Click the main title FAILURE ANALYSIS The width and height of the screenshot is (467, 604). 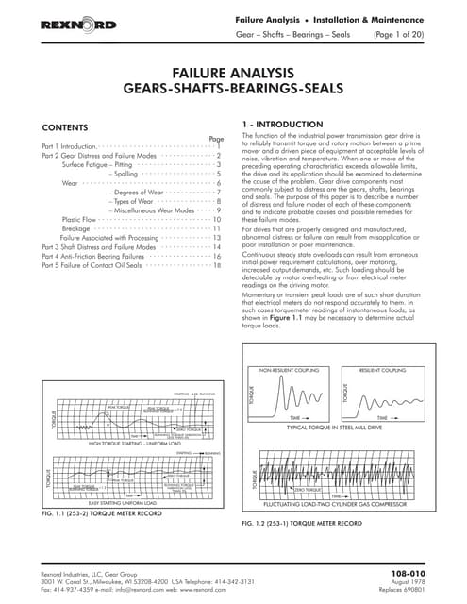pyautogui.click(x=232, y=73)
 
